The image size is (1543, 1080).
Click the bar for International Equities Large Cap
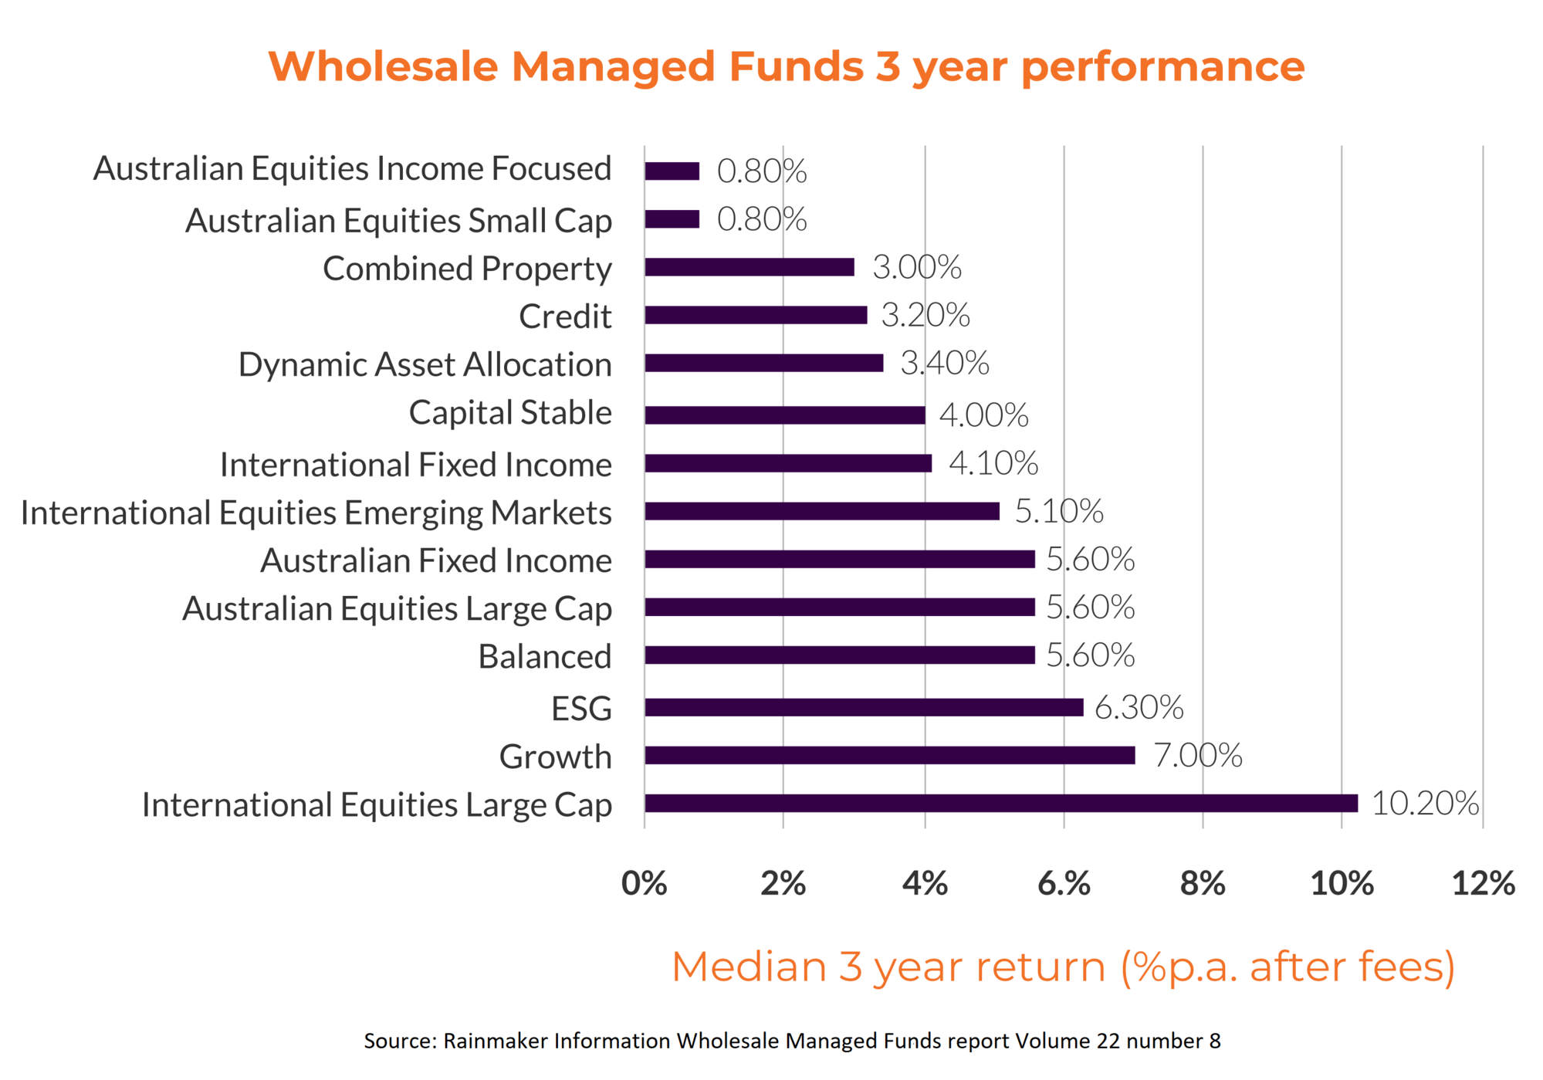click(1000, 803)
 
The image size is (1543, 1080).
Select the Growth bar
click(889, 755)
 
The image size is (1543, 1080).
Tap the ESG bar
click(864, 707)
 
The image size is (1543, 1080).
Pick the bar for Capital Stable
click(784, 415)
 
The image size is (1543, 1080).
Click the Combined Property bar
click(750, 267)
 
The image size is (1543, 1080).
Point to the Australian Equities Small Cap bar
click(672, 219)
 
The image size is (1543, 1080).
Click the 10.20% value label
click(1425, 803)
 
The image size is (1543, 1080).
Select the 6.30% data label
click(1139, 707)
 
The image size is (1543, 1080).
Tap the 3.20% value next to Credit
click(925, 315)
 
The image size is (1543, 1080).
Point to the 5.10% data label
click(1058, 511)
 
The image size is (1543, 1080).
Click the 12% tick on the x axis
click(1483, 883)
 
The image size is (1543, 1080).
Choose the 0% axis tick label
click(645, 883)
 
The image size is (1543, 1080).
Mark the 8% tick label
click(1203, 883)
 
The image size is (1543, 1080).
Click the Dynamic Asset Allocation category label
click(425, 364)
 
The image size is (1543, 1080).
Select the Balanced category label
click(544, 656)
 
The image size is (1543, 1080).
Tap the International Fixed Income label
click(415, 465)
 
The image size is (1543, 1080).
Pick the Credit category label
click(565, 317)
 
